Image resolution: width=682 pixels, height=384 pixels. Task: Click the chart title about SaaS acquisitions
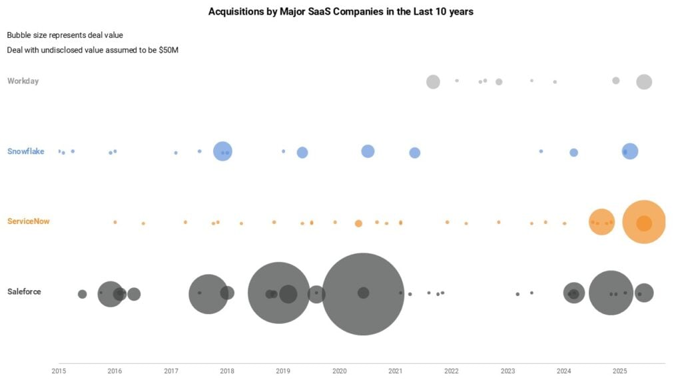pos(340,11)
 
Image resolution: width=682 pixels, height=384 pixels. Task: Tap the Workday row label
pos(23,81)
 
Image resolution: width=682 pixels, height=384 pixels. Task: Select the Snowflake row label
pos(25,151)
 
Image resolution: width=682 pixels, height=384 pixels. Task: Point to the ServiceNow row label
pos(29,221)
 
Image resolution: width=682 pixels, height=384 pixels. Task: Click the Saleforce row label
pos(24,292)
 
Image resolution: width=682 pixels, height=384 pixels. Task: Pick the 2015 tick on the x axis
pos(59,371)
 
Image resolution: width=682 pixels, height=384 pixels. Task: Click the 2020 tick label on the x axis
pos(339,371)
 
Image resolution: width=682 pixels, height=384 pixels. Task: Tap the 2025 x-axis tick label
pos(619,371)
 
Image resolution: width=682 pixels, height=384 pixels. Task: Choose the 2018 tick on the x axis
pos(226,371)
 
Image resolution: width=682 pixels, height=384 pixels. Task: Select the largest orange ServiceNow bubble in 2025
pos(644,222)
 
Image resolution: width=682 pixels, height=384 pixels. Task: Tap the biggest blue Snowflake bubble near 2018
pos(222,151)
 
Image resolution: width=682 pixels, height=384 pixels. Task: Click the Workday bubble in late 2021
pos(433,82)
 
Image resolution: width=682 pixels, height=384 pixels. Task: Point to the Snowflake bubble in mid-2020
pos(368,151)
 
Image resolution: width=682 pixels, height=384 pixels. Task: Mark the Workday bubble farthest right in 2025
pos(643,82)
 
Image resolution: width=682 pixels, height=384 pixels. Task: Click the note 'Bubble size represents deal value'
pos(65,35)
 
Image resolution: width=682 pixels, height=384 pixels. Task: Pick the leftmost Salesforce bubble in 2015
pos(82,294)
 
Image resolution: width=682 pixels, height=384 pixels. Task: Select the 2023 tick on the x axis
pos(508,371)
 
